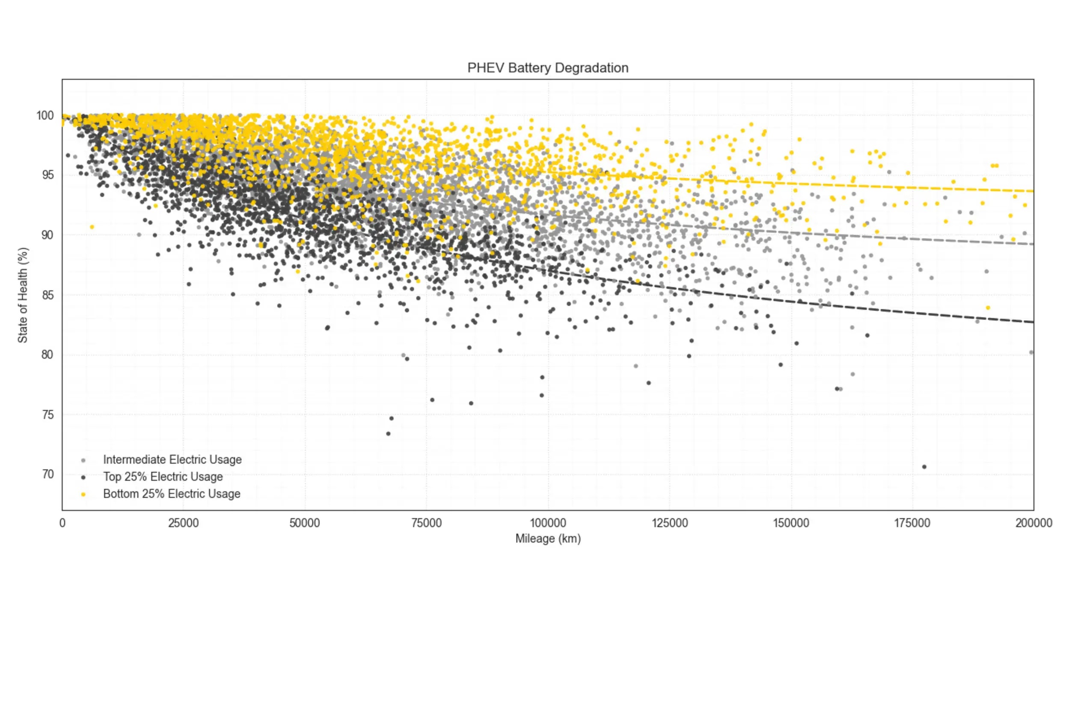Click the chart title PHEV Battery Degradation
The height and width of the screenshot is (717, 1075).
coord(547,68)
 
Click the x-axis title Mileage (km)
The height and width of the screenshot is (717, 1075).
coord(547,539)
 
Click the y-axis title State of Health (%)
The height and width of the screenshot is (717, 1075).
coord(23,295)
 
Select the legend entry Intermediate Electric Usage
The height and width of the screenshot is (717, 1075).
coord(172,460)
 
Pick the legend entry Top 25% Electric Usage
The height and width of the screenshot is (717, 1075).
coord(163,476)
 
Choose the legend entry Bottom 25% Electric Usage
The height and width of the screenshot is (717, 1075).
coord(171,494)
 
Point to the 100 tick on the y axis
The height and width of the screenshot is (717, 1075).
coord(45,116)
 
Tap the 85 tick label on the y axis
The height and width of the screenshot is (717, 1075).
coord(48,295)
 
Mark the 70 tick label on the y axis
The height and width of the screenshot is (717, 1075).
coord(48,474)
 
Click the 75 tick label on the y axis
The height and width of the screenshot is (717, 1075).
coord(48,415)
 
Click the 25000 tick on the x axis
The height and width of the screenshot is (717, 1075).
coord(183,523)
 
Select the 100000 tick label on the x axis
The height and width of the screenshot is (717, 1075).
coord(547,523)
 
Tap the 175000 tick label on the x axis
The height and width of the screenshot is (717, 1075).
coord(912,523)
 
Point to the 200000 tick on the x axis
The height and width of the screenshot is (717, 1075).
coord(1033,523)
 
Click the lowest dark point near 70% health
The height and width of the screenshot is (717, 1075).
coord(924,467)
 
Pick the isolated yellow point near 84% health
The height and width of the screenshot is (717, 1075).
coord(988,308)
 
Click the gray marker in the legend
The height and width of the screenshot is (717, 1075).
coord(83,460)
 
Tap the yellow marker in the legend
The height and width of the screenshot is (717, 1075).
coord(83,494)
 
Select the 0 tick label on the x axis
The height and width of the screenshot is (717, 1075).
coord(62,523)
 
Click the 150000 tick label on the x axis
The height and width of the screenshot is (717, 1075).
coord(790,523)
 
